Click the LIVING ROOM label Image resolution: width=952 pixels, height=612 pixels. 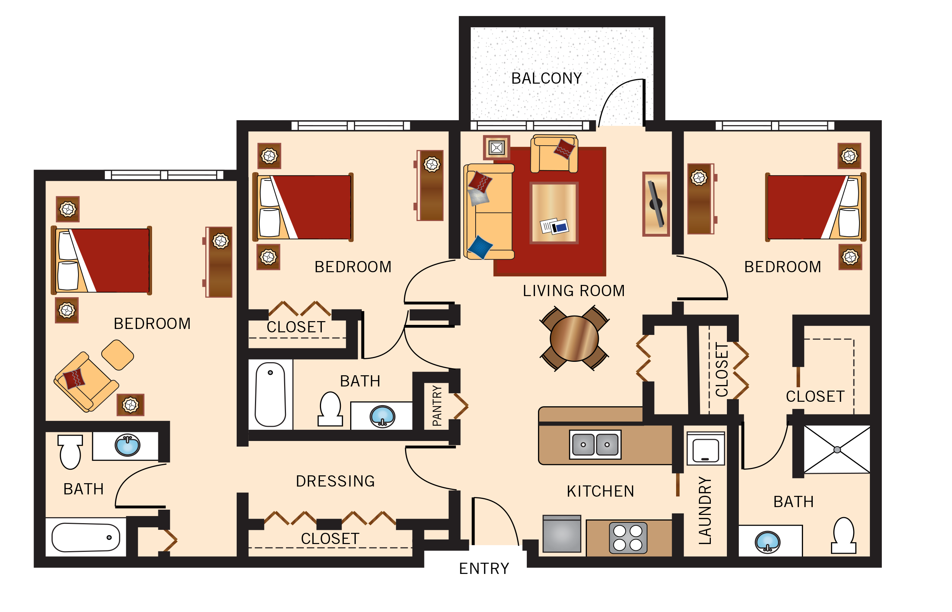(573, 291)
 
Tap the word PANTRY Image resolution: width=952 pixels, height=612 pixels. (437, 406)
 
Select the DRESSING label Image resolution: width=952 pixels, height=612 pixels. (335, 481)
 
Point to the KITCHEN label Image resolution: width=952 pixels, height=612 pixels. (600, 492)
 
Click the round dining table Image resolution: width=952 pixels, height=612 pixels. (574, 339)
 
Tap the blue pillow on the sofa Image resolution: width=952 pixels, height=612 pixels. (480, 247)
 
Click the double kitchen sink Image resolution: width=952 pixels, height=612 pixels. (595, 445)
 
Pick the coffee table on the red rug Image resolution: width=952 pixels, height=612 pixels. (554, 212)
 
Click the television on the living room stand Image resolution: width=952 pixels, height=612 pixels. (656, 204)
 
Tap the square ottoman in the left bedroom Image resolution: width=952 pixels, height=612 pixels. (118, 355)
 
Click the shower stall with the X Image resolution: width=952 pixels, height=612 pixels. (837, 450)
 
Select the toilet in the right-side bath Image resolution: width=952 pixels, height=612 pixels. (843, 536)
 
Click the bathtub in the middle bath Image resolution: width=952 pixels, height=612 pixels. (270, 394)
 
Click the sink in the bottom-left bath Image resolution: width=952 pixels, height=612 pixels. (127, 445)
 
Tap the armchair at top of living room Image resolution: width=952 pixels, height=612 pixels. (554, 154)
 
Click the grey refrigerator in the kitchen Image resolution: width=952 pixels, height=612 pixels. (561, 534)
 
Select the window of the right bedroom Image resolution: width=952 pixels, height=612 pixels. (774, 126)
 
